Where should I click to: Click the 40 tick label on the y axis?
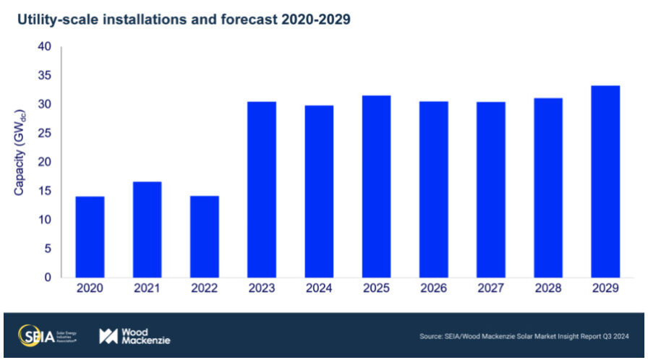click(x=44, y=47)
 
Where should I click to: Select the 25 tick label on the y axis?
click(x=44, y=133)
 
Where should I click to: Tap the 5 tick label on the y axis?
click(x=48, y=249)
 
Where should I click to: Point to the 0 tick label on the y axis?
click(x=48, y=278)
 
